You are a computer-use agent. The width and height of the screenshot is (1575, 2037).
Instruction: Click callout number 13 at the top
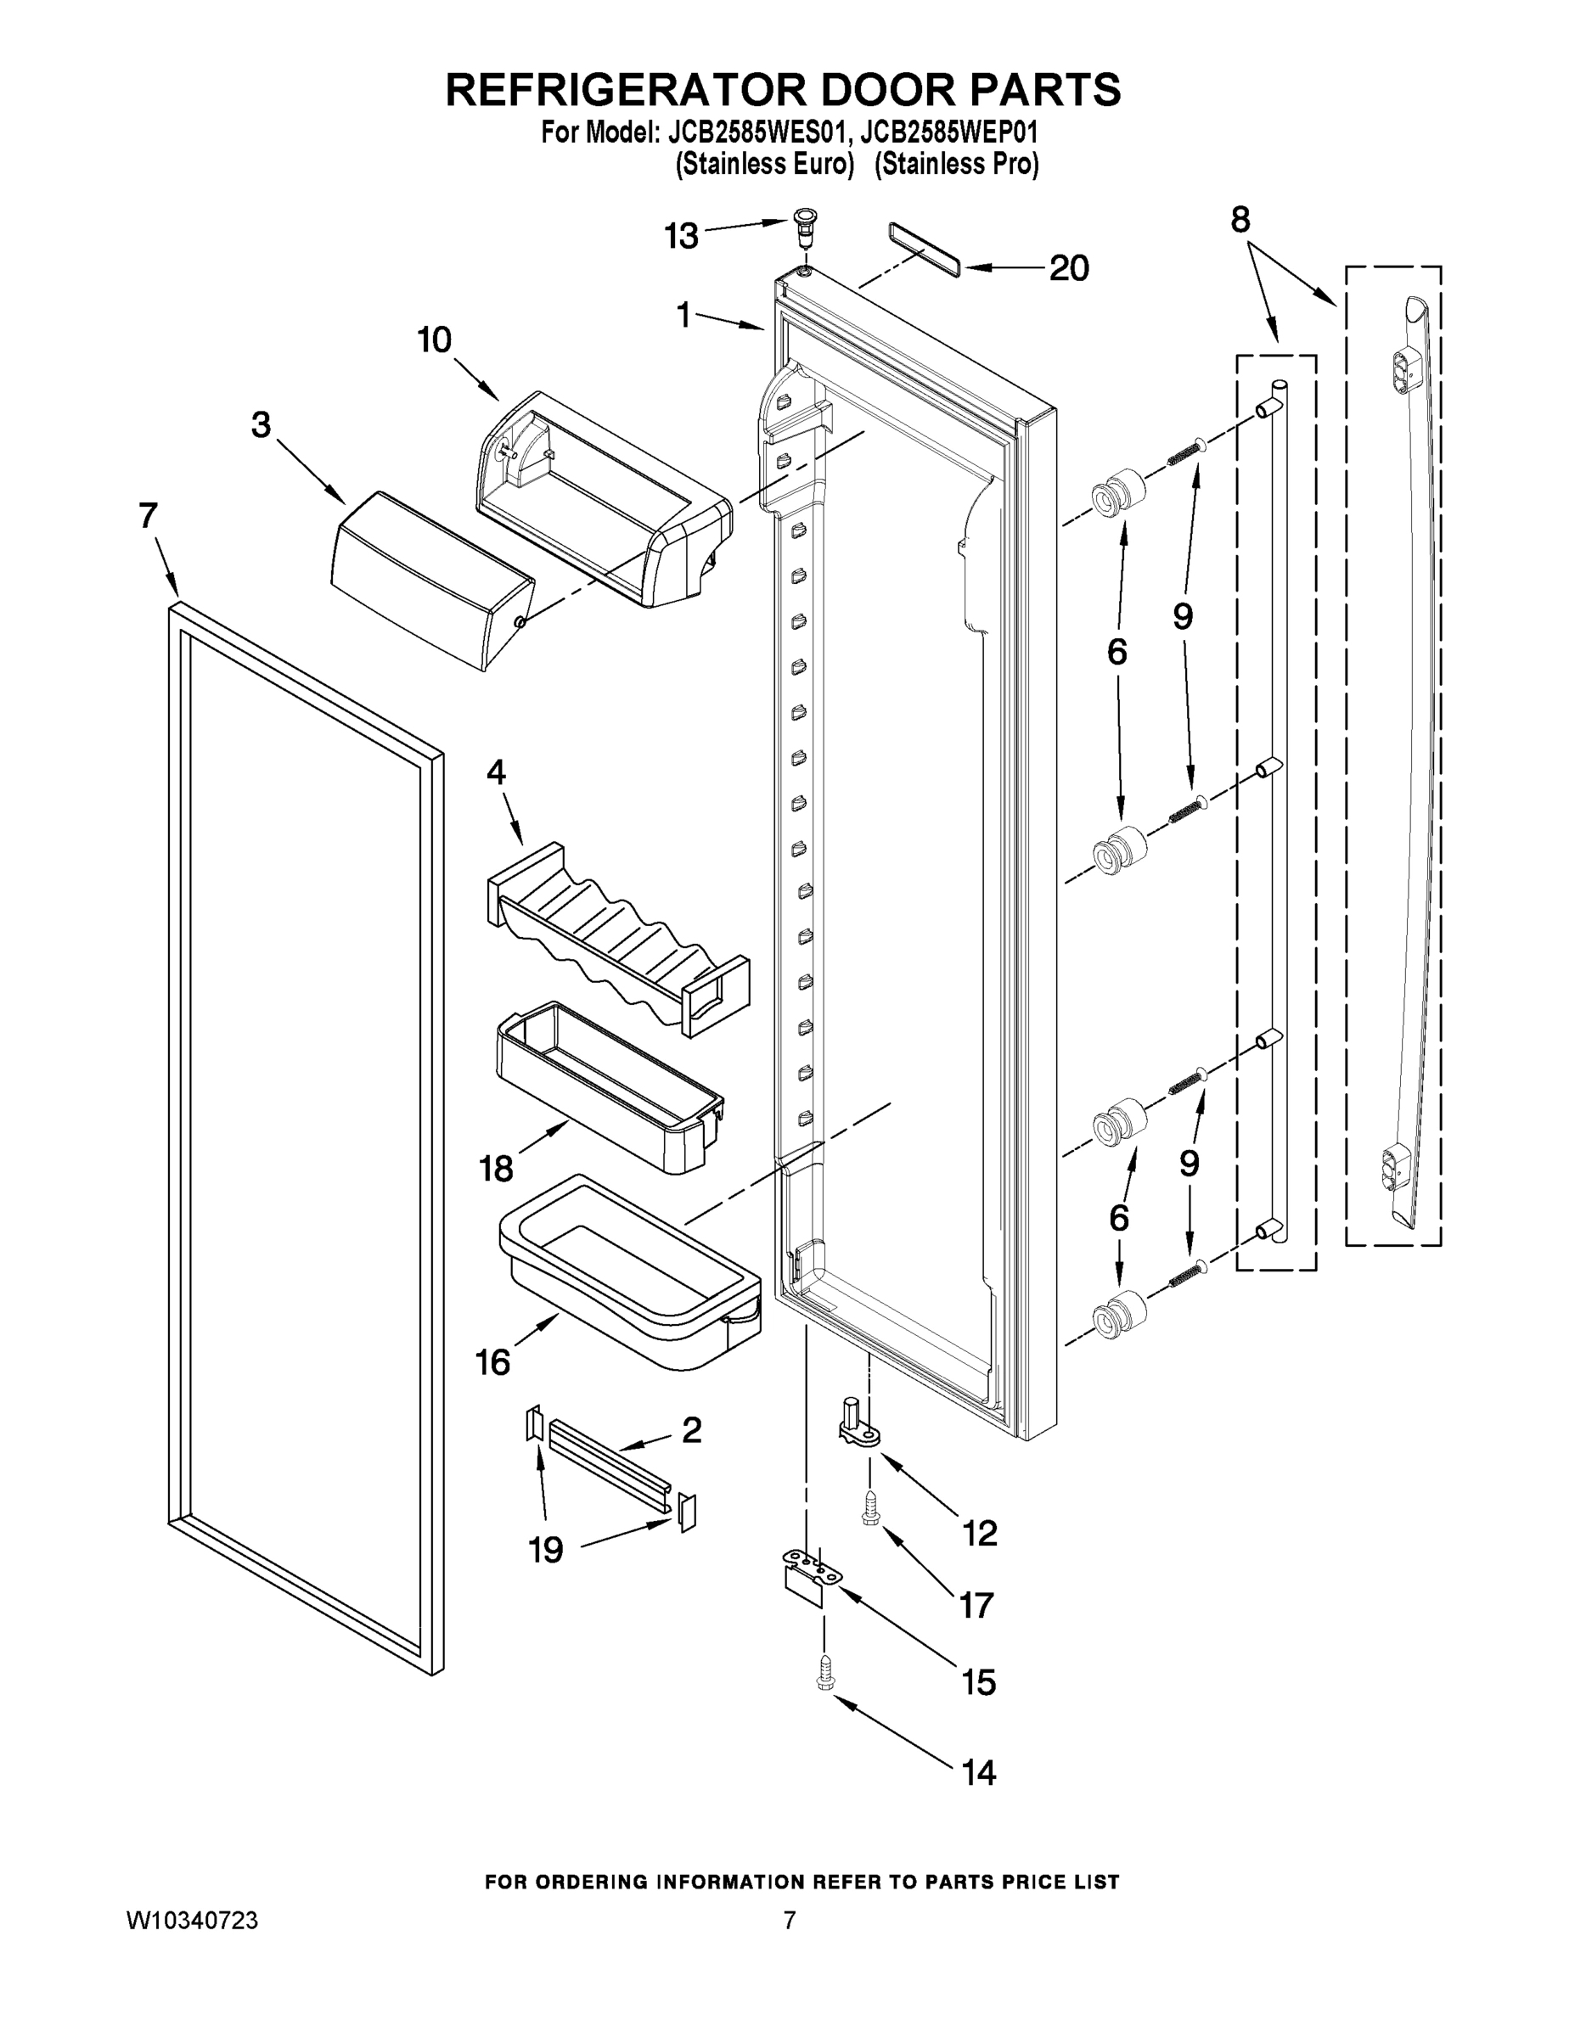(x=681, y=237)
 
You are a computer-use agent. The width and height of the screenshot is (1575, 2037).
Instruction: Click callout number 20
(x=1068, y=268)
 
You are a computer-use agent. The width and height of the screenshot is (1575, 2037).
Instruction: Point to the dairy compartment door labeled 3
(x=432, y=579)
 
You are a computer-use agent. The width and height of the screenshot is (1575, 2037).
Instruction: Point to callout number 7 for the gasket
(x=149, y=516)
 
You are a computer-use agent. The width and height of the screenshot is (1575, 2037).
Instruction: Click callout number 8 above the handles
(x=1240, y=220)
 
